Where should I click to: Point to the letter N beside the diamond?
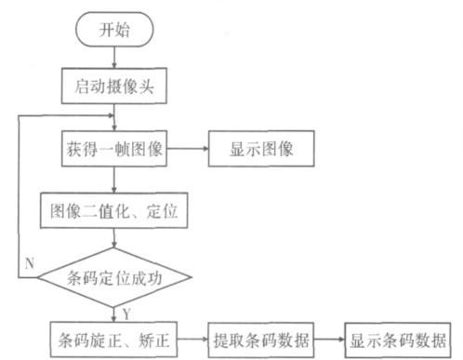pos(29,263)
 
